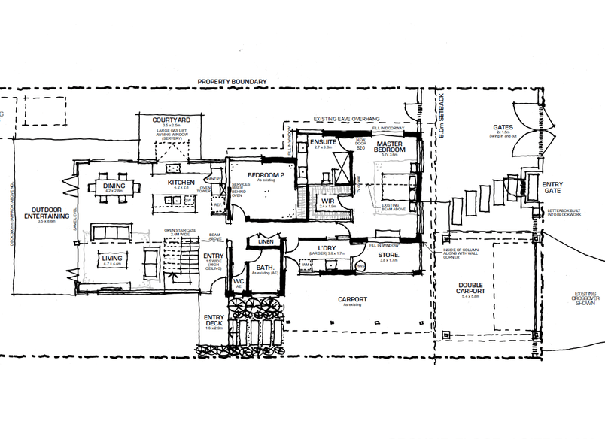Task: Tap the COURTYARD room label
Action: coord(171,120)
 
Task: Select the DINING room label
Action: coord(114,186)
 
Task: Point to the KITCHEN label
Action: coord(181,183)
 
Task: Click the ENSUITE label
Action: coord(322,141)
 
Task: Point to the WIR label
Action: coord(327,201)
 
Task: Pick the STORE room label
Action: coord(389,257)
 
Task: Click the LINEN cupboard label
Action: coord(265,241)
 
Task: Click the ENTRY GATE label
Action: coord(552,189)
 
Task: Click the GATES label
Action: coord(503,127)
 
